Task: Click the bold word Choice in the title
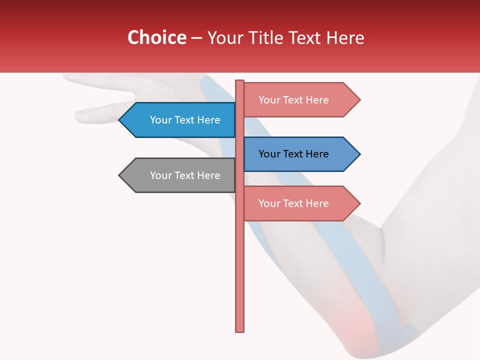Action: point(156,37)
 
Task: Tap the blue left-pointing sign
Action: point(180,120)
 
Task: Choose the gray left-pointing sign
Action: point(180,175)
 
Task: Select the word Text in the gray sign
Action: point(184,175)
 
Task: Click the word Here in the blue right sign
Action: point(317,154)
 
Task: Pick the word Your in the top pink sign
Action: point(269,100)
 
